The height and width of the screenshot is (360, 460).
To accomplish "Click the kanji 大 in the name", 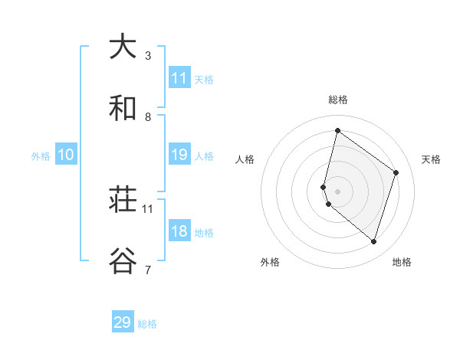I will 123,46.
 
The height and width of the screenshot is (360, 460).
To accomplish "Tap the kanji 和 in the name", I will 123,109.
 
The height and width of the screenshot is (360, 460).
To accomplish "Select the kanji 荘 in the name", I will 123,201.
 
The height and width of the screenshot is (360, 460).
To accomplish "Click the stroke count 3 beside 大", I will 148,56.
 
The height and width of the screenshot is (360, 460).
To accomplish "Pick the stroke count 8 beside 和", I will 148,117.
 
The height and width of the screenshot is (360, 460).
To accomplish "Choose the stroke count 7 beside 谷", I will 148,270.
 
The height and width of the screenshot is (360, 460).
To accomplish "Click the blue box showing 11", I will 179,77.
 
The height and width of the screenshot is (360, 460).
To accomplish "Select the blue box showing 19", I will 179,155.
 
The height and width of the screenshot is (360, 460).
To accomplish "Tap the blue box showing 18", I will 179,231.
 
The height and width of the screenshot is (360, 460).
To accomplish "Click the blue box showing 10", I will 66,155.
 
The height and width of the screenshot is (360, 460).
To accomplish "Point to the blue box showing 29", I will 123,322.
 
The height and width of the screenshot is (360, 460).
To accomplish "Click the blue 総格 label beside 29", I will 147,324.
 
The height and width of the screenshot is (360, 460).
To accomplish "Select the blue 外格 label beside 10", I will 41,156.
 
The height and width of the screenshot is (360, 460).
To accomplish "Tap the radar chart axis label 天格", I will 431,159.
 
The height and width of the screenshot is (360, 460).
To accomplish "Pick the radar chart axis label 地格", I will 402,262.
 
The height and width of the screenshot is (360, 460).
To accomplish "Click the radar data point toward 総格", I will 337,130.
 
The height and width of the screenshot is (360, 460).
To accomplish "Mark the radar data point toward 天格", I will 396,172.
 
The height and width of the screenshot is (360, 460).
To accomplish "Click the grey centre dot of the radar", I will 337,191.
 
